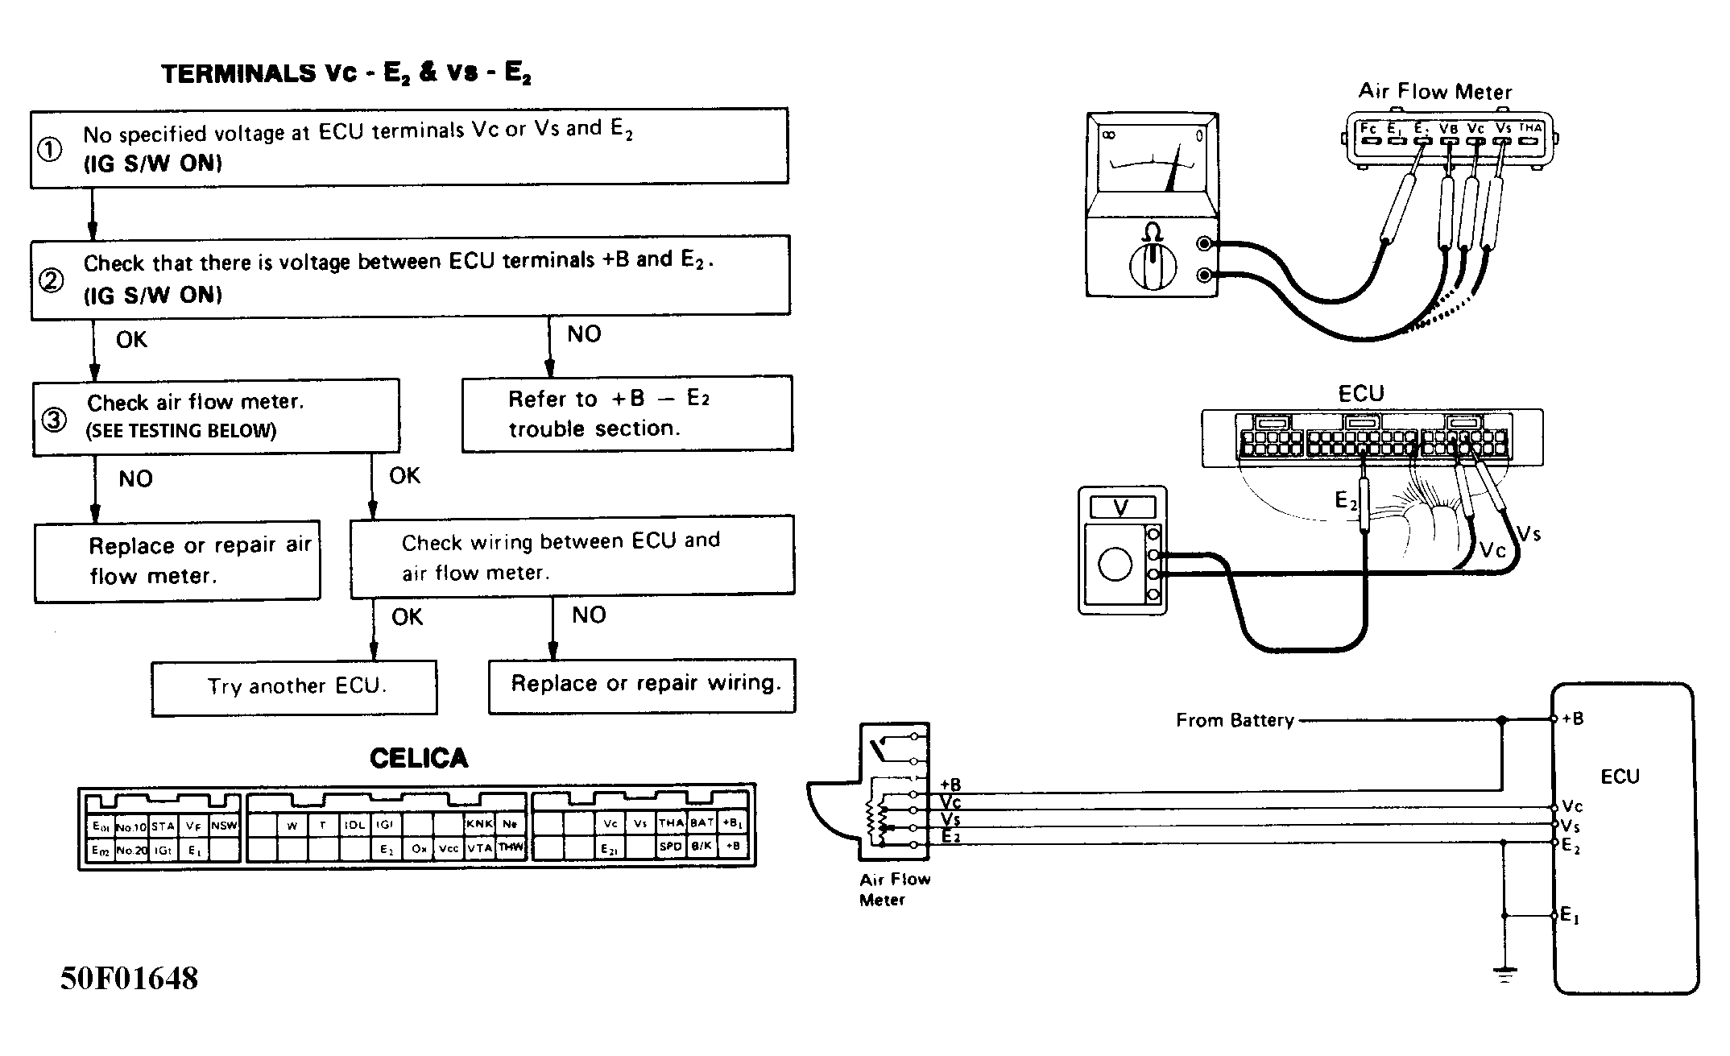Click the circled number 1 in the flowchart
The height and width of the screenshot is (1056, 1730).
point(50,150)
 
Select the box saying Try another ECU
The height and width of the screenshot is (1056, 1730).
point(295,687)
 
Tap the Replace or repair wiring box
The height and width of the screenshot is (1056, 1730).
point(642,685)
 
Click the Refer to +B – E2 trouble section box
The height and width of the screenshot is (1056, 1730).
point(627,414)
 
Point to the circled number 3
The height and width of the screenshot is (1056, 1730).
point(54,420)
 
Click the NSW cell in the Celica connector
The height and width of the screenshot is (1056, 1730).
point(224,826)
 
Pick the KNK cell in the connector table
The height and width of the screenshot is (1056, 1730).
point(479,824)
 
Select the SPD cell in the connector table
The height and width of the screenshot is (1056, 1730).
point(671,847)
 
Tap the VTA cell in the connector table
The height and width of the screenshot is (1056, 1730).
point(479,847)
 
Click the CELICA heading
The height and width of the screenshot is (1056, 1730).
point(418,759)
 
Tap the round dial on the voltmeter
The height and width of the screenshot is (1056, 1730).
point(1115,564)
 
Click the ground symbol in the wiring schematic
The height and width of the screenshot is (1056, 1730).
point(1504,975)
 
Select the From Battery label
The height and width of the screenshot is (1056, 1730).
point(1234,720)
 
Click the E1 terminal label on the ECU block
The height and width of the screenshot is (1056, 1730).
point(1570,915)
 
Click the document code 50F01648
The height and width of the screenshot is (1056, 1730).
point(129,979)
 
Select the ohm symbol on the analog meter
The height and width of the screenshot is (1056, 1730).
point(1153,234)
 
